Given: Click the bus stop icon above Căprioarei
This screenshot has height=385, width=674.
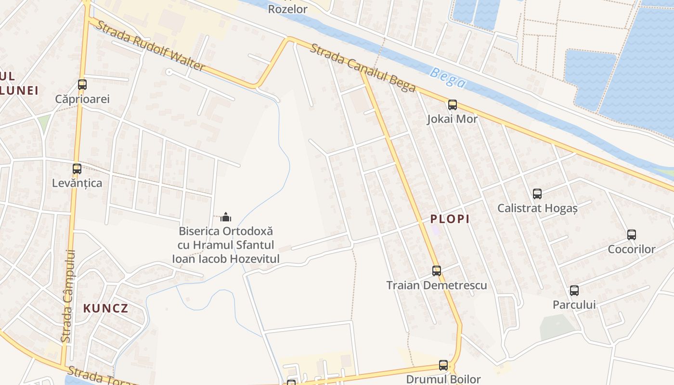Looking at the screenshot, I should [x=82, y=85].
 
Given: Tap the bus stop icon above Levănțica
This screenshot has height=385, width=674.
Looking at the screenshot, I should [x=77, y=169].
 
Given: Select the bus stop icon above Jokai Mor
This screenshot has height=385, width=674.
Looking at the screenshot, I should [x=452, y=105].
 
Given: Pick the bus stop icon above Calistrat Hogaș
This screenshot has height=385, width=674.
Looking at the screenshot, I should [x=537, y=194].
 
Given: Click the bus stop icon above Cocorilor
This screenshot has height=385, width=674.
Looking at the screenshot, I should [x=632, y=235].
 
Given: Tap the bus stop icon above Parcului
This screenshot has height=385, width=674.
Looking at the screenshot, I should [x=574, y=291].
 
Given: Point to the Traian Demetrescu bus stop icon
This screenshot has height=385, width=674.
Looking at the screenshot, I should [x=437, y=271].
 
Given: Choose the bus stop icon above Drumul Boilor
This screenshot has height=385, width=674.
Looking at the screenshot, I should [x=443, y=365].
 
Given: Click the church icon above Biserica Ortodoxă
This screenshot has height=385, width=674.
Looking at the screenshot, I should [x=226, y=217].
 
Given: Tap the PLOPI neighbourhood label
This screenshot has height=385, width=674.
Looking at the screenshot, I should [x=450, y=219].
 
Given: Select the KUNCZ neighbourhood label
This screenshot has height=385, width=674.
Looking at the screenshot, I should [x=106, y=308].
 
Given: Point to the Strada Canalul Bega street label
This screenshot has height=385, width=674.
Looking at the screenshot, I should [x=363, y=67].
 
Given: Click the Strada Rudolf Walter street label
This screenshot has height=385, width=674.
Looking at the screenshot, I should [x=150, y=46].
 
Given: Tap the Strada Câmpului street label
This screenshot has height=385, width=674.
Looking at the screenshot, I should [x=69, y=296].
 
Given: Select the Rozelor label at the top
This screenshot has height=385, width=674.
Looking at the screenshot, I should [x=287, y=9].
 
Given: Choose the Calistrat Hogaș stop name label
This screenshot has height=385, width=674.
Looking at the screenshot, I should [x=537, y=208].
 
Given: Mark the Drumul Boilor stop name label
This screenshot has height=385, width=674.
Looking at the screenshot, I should [x=443, y=379].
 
